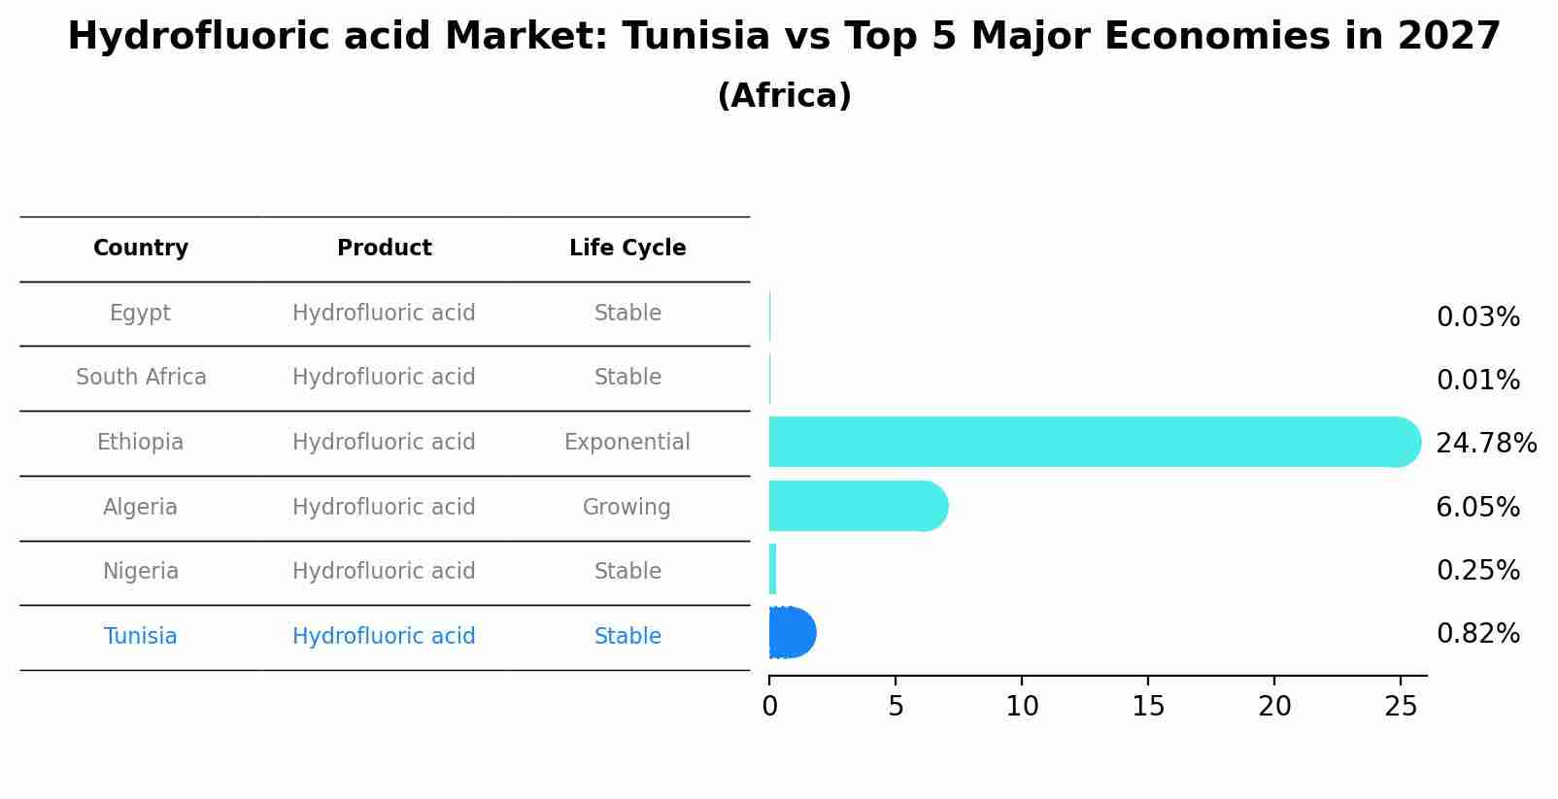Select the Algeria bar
pyautogui.click(x=855, y=506)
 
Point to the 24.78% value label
pyautogui.click(x=1485, y=444)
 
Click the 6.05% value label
pyautogui.click(x=1477, y=508)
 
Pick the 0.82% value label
pyautogui.click(x=1477, y=634)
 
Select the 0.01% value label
pyautogui.click(x=1477, y=381)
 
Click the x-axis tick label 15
pyautogui.click(x=1148, y=707)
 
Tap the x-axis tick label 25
pyautogui.click(x=1401, y=707)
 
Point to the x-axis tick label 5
pyautogui.click(x=896, y=707)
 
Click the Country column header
pyautogui.click(x=141, y=249)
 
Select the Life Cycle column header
pyautogui.click(x=627, y=249)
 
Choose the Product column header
pyautogui.click(x=384, y=249)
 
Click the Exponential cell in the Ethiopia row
pyautogui.click(x=627, y=443)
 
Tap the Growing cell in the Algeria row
pyautogui.click(x=627, y=508)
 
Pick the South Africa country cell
pyautogui.click(x=141, y=378)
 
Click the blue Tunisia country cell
pyautogui.click(x=141, y=637)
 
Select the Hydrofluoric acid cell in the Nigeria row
pyautogui.click(x=384, y=572)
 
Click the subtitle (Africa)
pyautogui.click(x=784, y=96)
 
